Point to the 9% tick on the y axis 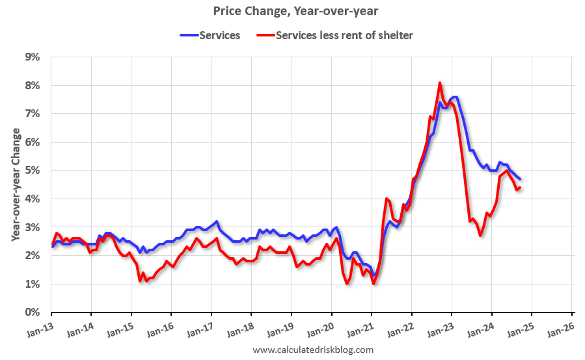(x=32, y=57)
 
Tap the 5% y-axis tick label (x=32, y=171)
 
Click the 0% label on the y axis (x=32, y=312)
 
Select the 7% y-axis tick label (x=32, y=114)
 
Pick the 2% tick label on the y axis (x=32, y=256)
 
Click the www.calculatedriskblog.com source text (x=313, y=350)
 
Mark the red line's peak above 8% (x=440, y=83)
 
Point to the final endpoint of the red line (x=519, y=187)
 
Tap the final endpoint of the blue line (x=519, y=179)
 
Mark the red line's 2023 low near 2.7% (x=480, y=235)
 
